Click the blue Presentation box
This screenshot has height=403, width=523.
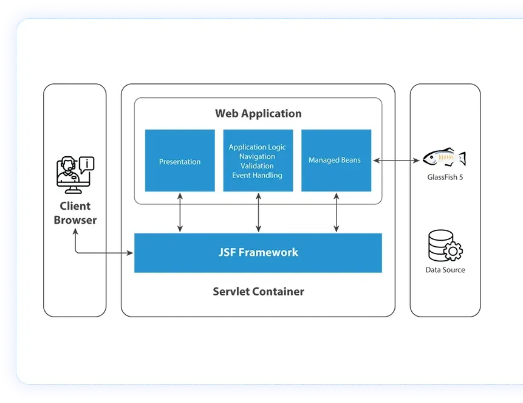tap(180, 161)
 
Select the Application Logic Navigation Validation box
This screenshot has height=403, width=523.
tap(258, 161)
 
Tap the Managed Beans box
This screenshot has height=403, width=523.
tap(336, 161)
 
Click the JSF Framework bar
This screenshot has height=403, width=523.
tap(258, 252)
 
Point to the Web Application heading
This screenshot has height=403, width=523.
tap(258, 114)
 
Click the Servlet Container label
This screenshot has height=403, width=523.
tap(258, 292)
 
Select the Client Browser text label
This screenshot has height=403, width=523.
tap(75, 213)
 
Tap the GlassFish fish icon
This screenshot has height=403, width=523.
tap(444, 158)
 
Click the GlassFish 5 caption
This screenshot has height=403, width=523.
tap(445, 177)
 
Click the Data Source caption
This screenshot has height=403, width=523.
tap(445, 270)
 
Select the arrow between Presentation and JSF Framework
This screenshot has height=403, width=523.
tap(180, 213)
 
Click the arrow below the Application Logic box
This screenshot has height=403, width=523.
tap(259, 213)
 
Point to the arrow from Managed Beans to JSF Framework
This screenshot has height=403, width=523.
tap(337, 213)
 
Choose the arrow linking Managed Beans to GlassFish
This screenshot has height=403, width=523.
tap(397, 161)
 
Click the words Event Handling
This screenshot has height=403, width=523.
tap(257, 176)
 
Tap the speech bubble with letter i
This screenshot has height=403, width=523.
tap(87, 163)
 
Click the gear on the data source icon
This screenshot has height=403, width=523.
tap(454, 250)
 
